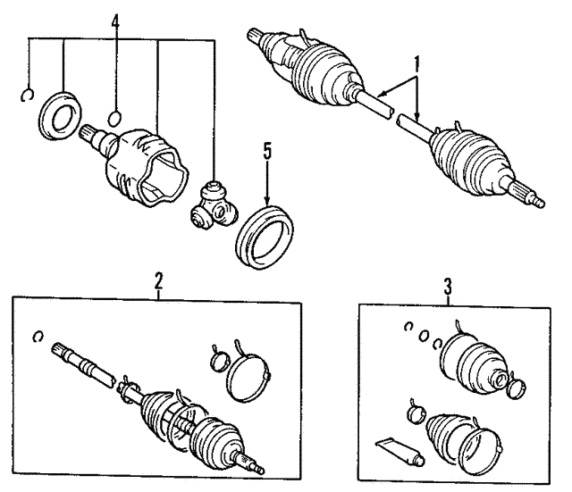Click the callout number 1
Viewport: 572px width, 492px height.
point(416,65)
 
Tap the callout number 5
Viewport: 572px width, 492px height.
point(268,151)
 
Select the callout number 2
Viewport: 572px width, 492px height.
point(158,279)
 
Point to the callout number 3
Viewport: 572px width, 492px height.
point(448,287)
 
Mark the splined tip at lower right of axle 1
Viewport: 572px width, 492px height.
point(528,194)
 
